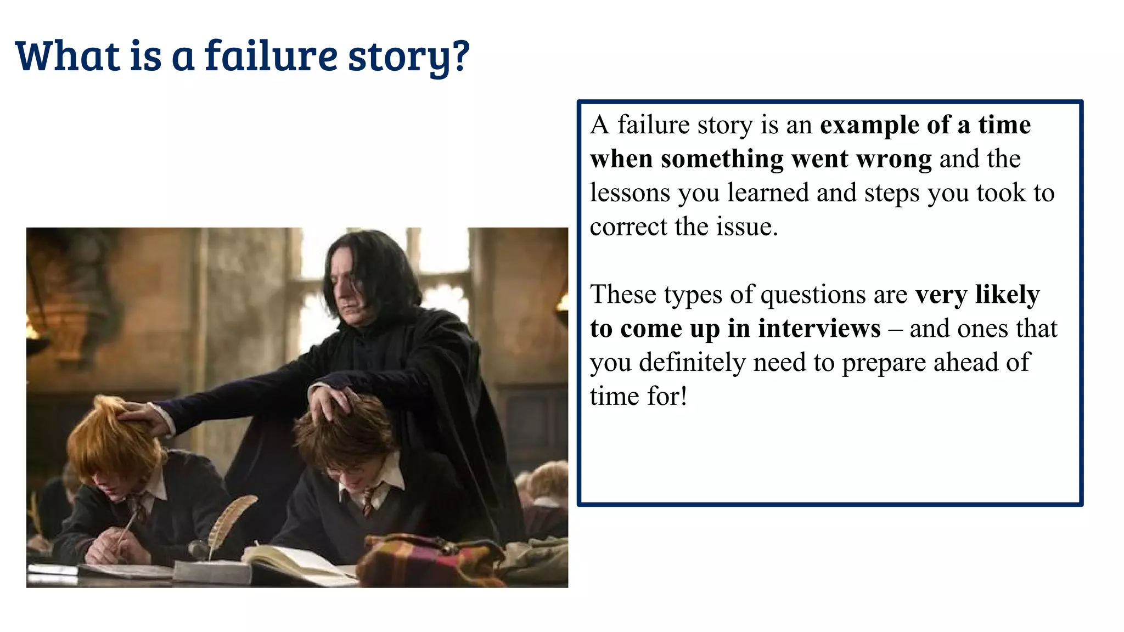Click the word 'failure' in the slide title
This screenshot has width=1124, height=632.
(x=271, y=56)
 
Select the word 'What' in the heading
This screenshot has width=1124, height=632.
(x=68, y=56)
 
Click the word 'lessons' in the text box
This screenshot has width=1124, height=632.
(x=630, y=193)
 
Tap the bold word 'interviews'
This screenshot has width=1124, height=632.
(x=819, y=329)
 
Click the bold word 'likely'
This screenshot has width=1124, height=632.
(x=1007, y=295)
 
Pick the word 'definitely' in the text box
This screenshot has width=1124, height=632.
(x=692, y=363)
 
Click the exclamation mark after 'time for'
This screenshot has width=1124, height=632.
(x=683, y=396)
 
